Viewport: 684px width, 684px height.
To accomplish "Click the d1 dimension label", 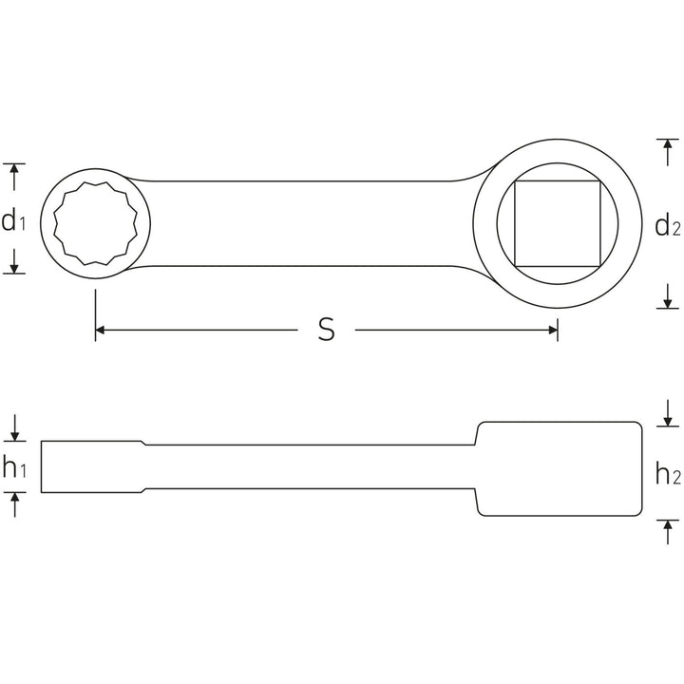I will coord(13,221).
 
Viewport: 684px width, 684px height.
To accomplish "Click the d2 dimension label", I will coord(667,226).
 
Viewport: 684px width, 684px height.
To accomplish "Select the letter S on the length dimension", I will coord(326,330).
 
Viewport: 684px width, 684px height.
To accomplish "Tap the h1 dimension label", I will coord(13,467).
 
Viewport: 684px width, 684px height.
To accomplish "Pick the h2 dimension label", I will coord(668,473).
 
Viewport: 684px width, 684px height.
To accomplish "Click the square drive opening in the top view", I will coord(558,223).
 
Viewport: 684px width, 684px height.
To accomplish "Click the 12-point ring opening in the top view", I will coord(98,222).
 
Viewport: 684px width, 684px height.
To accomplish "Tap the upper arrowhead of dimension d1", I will coord(14,169).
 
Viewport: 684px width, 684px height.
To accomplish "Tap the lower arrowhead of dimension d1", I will coord(14,267).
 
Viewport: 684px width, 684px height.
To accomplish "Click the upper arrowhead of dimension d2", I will coord(668,144).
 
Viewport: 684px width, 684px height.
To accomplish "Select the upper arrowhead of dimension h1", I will coord(14,435).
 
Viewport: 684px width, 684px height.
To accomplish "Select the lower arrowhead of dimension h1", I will coord(14,498).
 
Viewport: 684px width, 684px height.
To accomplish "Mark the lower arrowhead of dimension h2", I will coord(668,524).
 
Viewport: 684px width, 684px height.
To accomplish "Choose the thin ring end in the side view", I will coord(90,466).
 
